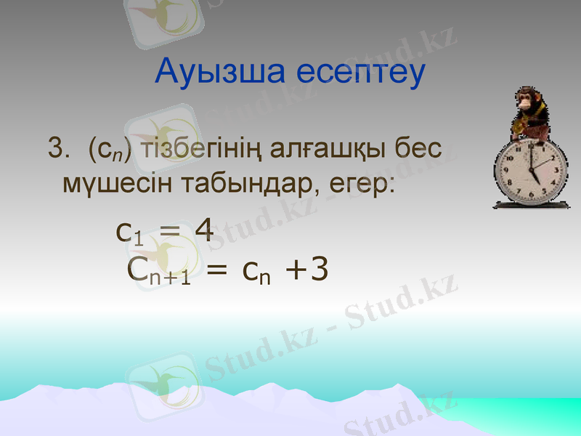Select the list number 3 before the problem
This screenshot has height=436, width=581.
pyautogui.click(x=56, y=149)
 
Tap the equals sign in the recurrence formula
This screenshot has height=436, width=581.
pyautogui.click(x=216, y=271)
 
